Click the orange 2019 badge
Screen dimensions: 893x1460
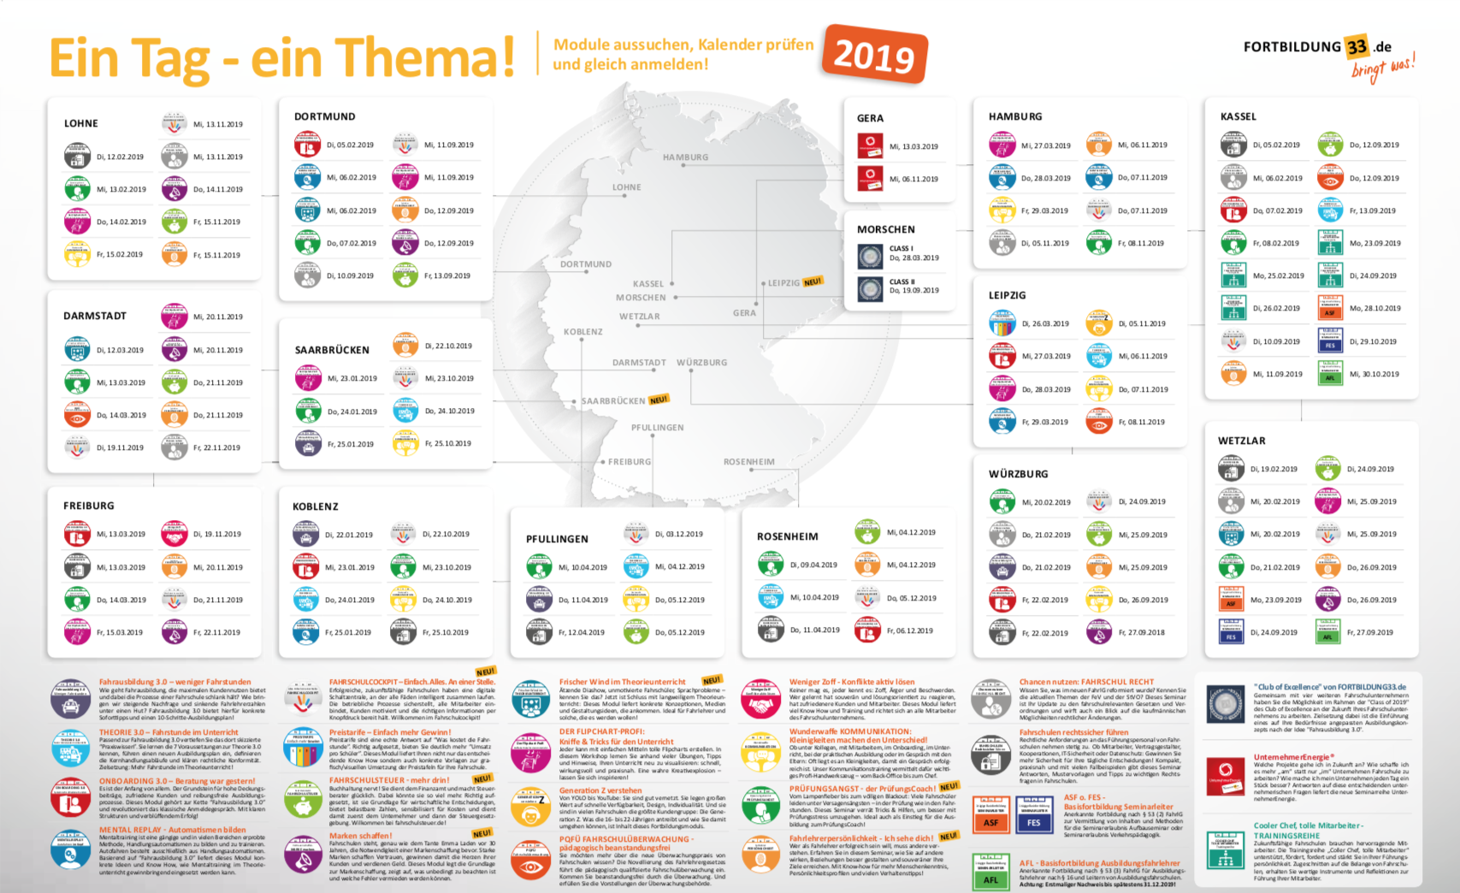pos(874,55)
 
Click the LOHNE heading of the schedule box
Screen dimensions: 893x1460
pos(81,123)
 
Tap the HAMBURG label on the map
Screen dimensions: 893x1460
pos(685,157)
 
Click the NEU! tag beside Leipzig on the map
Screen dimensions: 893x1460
pos(813,281)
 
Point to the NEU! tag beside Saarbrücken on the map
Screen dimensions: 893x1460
pos(659,399)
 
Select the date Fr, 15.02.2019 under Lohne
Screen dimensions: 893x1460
pos(120,255)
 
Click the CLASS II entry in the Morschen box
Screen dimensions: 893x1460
pos(902,281)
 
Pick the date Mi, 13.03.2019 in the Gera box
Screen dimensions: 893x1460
pos(913,146)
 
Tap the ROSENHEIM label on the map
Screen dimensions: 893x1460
pos(748,462)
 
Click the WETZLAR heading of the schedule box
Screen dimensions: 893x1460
pos(1241,441)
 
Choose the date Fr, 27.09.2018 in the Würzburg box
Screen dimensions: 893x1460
pos(1144,633)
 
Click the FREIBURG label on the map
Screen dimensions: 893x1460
pos(630,462)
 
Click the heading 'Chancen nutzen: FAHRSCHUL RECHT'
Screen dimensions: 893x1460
pos(1086,682)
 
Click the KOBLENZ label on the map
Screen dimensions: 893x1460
pos(583,332)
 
